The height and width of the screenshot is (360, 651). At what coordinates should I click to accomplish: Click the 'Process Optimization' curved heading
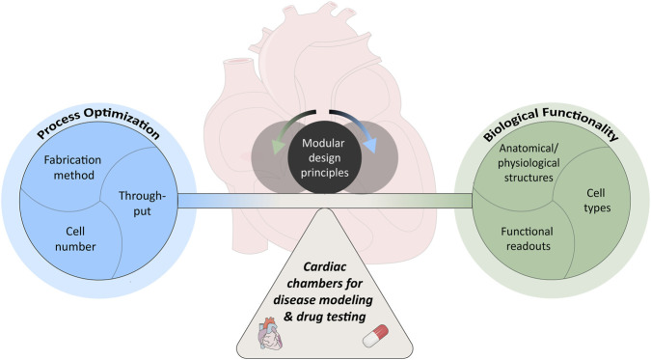[98, 123]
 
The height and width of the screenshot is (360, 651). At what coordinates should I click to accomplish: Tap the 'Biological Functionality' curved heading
[551, 123]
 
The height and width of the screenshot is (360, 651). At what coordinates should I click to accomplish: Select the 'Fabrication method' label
[73, 168]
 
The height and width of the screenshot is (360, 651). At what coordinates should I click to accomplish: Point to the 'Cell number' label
[75, 239]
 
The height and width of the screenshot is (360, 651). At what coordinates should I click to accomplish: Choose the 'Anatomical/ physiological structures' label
[529, 163]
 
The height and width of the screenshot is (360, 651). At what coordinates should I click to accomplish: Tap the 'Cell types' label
[597, 201]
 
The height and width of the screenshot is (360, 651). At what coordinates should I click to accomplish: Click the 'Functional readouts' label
[528, 238]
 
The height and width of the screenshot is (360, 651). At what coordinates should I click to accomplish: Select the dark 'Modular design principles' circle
[325, 157]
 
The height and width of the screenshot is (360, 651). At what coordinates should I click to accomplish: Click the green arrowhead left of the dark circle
[278, 147]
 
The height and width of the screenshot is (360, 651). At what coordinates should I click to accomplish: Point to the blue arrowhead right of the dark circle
[369, 146]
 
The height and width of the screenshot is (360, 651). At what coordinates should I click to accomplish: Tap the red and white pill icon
[375, 336]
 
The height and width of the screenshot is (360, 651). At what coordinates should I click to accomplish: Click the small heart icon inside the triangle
[271, 334]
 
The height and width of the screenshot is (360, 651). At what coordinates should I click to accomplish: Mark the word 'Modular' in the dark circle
[323, 143]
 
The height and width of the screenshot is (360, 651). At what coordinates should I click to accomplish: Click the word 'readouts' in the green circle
[529, 246]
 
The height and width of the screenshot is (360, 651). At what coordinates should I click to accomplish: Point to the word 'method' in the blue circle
[74, 175]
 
